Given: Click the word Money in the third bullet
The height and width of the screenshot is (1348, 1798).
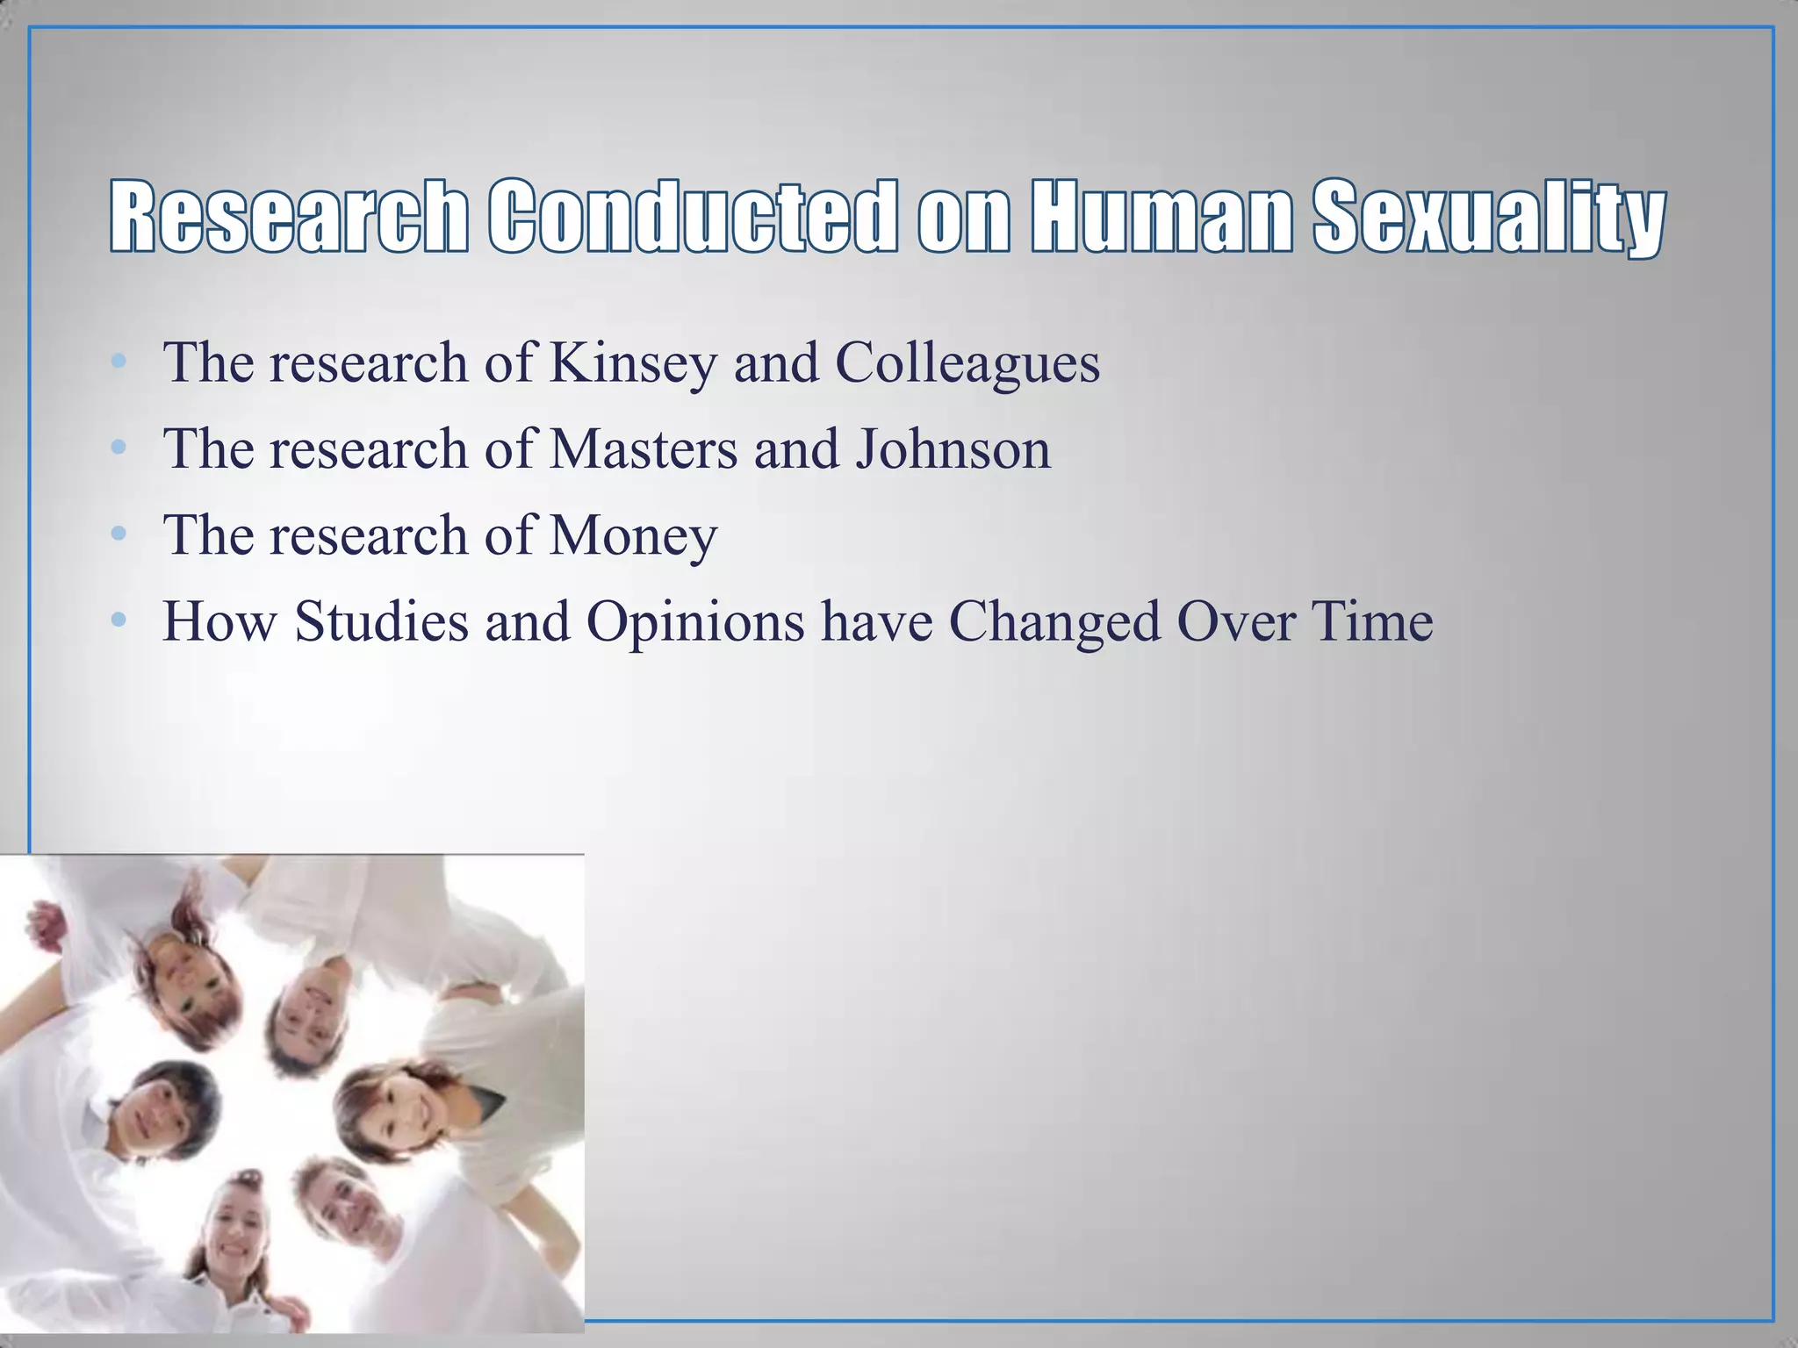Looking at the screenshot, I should click(x=633, y=536).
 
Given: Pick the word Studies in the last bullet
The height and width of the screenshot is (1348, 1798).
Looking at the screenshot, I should click(x=382, y=622).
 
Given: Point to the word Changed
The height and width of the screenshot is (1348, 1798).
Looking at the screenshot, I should click(x=1054, y=622).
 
